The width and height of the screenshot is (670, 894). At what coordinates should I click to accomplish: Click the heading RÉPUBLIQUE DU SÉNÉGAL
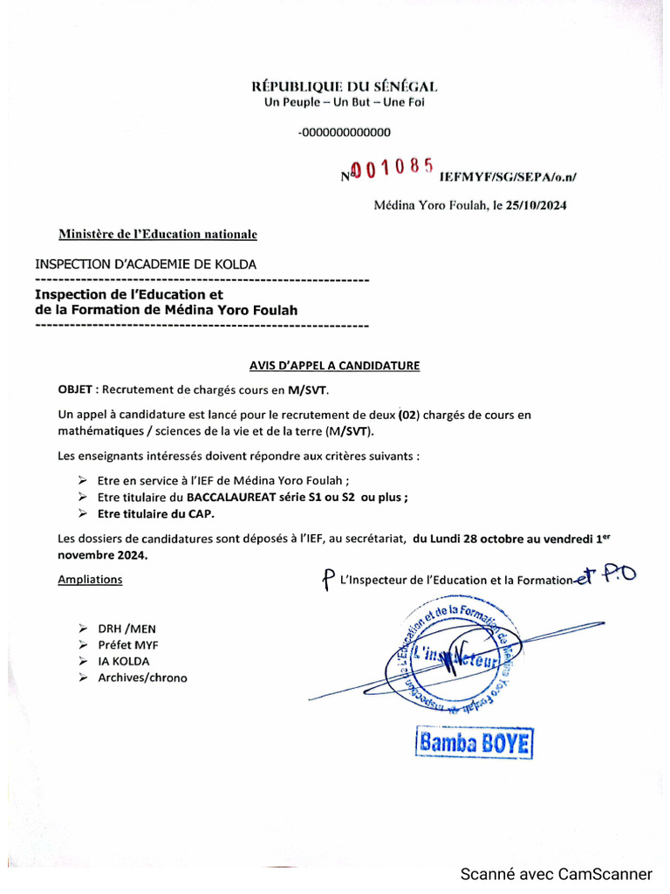345,86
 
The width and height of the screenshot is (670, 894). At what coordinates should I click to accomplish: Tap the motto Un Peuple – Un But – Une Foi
345,102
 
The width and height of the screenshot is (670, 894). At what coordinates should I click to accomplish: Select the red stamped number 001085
392,168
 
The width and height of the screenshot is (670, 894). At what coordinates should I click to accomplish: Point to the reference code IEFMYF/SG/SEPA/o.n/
508,176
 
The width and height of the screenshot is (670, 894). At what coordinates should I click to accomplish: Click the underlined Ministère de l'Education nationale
158,234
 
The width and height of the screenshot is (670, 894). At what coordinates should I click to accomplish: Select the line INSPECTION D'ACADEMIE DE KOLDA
146,264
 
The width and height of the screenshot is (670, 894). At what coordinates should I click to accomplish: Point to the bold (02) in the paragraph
407,415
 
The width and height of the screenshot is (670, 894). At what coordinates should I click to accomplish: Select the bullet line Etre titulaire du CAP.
155,514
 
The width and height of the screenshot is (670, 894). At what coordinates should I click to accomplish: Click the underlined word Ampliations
90,579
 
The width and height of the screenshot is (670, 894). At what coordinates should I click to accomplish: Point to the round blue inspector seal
456,656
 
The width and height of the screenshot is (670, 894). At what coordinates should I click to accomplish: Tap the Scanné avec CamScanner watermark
556,874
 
